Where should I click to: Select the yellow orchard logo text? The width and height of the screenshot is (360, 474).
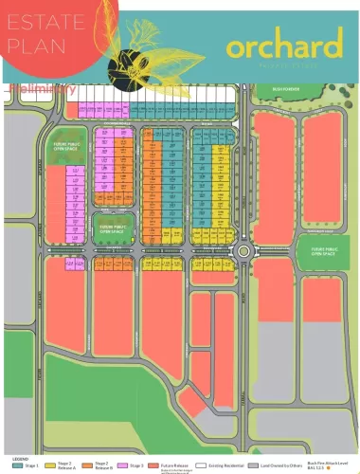(x=283, y=45)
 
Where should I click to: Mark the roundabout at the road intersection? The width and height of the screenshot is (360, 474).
(x=246, y=252)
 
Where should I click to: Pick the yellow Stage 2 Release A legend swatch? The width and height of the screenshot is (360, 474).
(x=49, y=465)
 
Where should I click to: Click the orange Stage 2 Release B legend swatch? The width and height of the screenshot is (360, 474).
(x=86, y=465)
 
